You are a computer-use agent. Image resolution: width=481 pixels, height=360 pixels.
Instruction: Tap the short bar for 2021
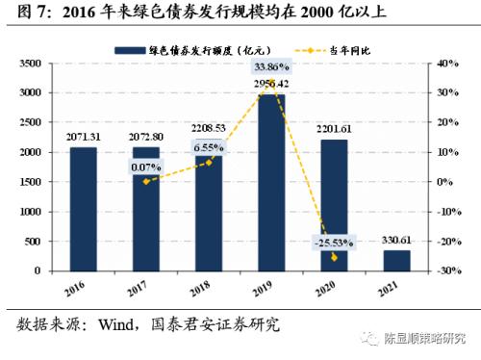tap(396, 261)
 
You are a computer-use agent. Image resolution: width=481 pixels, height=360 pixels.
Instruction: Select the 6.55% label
tap(209, 147)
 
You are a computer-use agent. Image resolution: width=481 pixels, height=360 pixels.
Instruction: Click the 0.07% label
tap(145, 167)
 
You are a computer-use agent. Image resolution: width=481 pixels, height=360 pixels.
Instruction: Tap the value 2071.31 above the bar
tap(84, 137)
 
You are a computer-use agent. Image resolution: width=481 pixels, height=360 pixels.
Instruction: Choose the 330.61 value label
tap(397, 240)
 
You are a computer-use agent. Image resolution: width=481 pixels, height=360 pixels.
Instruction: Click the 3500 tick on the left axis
tap(28, 63)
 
